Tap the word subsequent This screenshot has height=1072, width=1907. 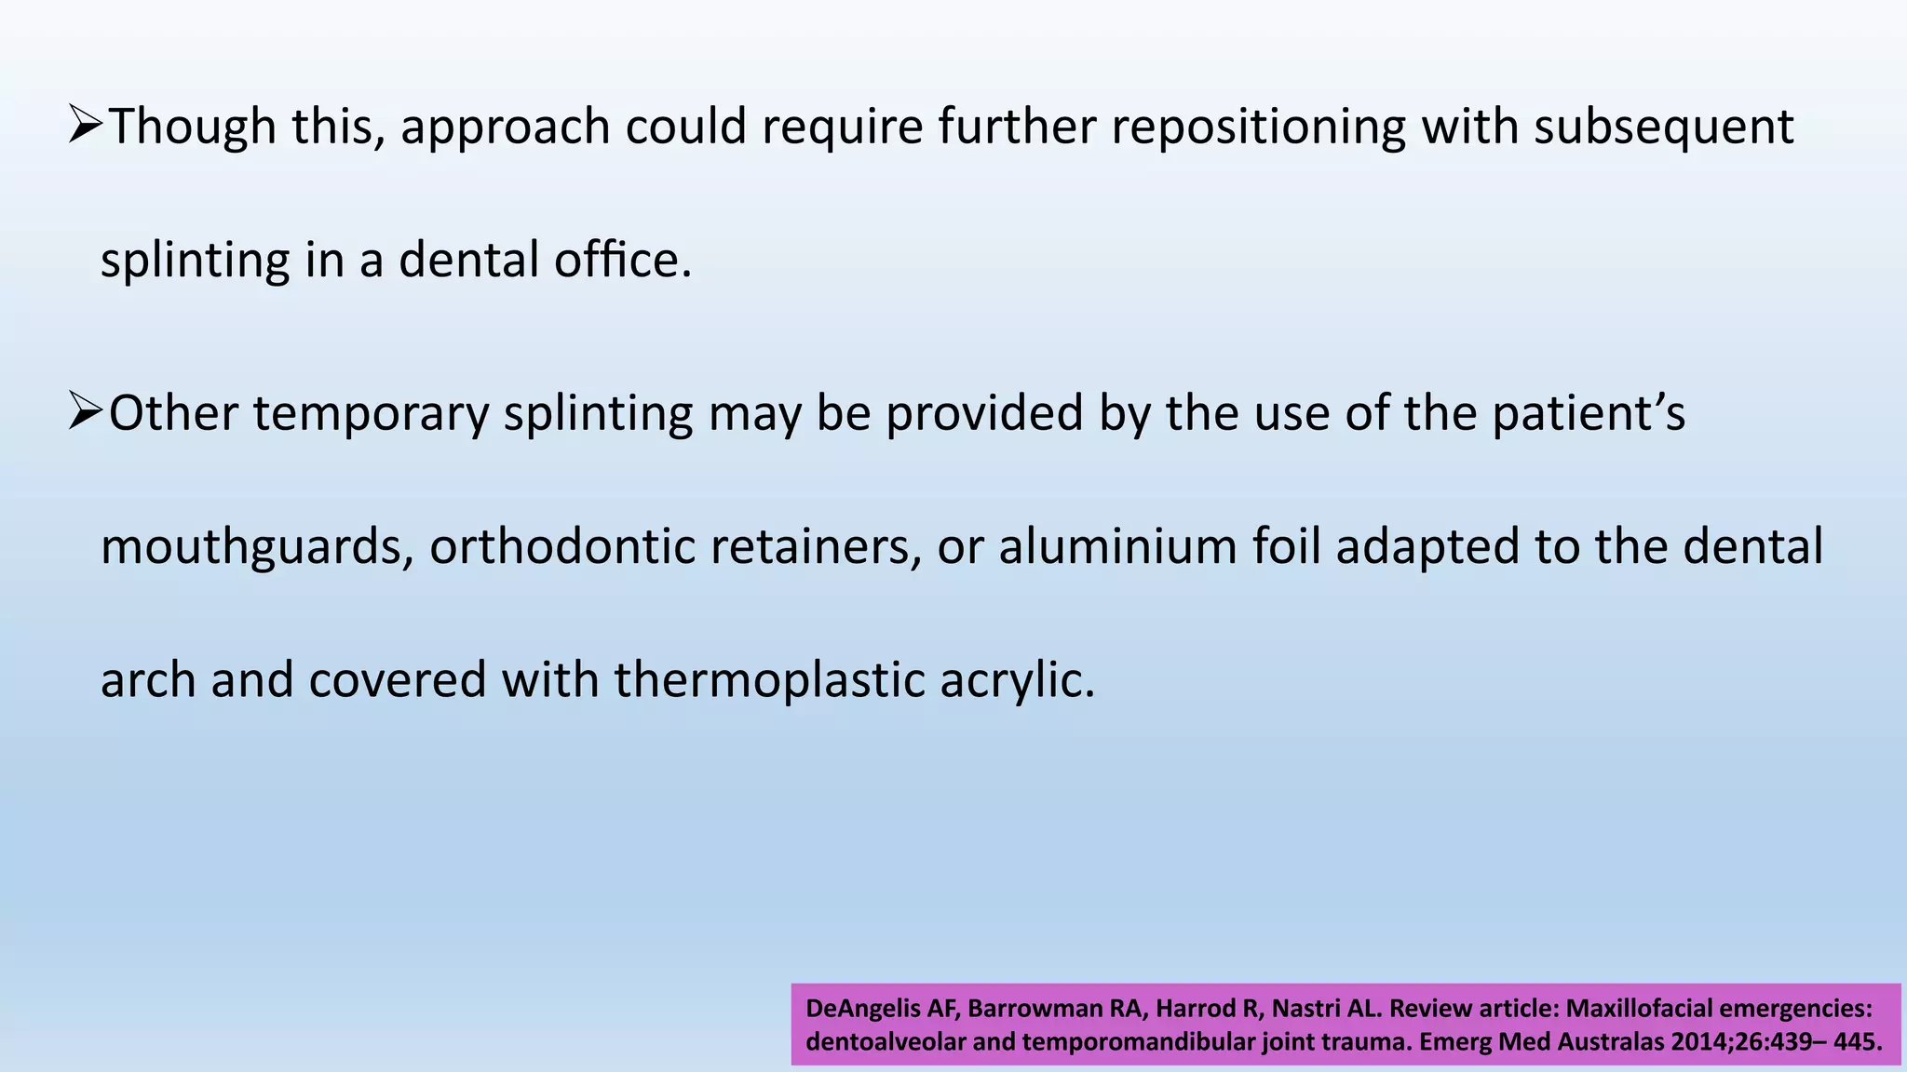click(1663, 127)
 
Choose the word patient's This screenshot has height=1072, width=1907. click(1588, 414)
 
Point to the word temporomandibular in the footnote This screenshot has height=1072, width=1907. click(1138, 1041)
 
